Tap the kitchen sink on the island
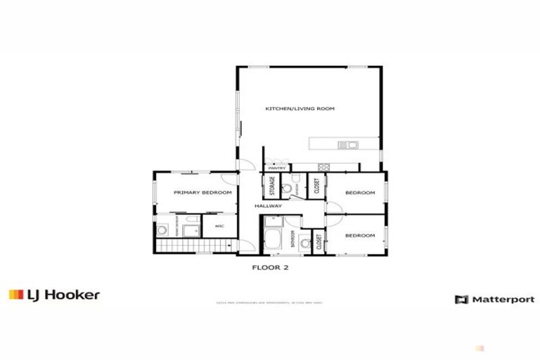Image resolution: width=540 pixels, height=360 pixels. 348,146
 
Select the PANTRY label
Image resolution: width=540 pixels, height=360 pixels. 276,169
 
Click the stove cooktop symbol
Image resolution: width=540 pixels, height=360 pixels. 325,167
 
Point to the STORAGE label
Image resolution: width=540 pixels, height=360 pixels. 271,186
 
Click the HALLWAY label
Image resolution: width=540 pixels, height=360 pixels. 269,206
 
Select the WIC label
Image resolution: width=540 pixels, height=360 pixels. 219,226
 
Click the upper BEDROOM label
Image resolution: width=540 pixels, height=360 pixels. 361,193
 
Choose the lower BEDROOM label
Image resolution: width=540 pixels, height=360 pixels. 361,236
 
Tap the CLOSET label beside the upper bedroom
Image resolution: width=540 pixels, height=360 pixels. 318,186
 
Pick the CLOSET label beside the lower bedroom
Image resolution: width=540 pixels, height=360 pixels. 318,243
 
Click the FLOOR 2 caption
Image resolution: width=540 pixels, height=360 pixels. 271,267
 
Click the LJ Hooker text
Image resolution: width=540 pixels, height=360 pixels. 63,295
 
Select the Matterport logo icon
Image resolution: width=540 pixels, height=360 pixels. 461,300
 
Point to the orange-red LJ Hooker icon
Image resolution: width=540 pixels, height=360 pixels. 15,295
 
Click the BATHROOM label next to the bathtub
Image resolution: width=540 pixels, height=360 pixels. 292,240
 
